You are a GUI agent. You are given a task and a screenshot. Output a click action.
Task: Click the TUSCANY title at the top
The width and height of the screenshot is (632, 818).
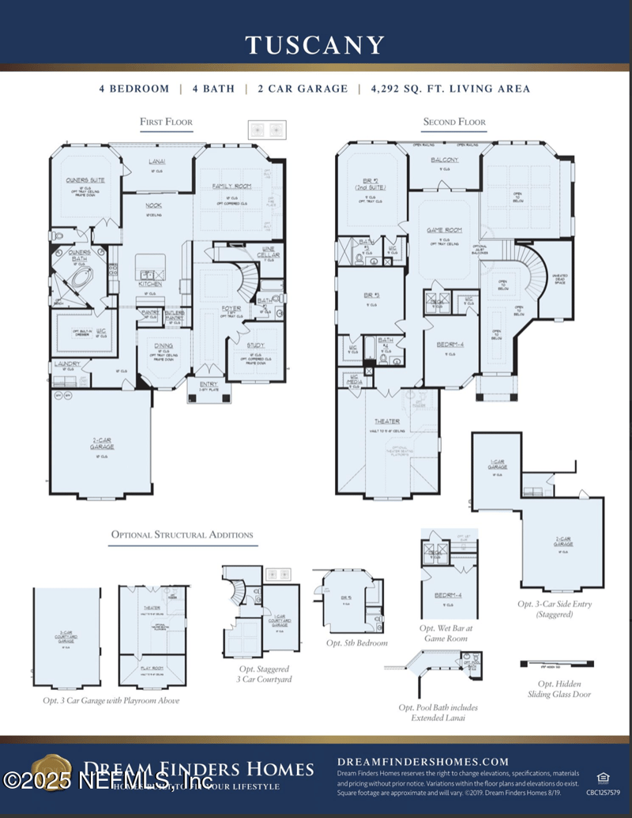[x=315, y=45]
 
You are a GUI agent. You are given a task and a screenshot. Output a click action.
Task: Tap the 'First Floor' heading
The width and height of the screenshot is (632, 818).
[x=166, y=122]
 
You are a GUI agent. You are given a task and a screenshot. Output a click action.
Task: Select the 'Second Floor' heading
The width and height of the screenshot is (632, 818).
[x=454, y=122]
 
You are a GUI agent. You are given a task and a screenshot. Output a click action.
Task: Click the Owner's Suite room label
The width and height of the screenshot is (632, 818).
[x=85, y=180]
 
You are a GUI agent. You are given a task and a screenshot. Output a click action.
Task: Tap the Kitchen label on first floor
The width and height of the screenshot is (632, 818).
[x=150, y=283]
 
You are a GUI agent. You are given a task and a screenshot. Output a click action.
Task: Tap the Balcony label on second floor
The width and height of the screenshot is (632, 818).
[x=445, y=160]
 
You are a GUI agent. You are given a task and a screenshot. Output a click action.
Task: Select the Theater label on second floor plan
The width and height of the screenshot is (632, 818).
[x=386, y=421]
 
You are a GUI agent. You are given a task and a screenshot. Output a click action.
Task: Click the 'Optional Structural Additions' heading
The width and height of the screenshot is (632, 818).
[x=182, y=535]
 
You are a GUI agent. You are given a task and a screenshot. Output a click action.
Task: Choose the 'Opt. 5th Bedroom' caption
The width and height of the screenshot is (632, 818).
[x=356, y=643]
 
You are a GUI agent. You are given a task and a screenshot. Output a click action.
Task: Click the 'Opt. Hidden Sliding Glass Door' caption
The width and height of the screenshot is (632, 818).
[x=555, y=688]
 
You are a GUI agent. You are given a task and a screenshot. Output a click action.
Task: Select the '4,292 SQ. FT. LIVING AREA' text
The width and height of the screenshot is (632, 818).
[x=450, y=89]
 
